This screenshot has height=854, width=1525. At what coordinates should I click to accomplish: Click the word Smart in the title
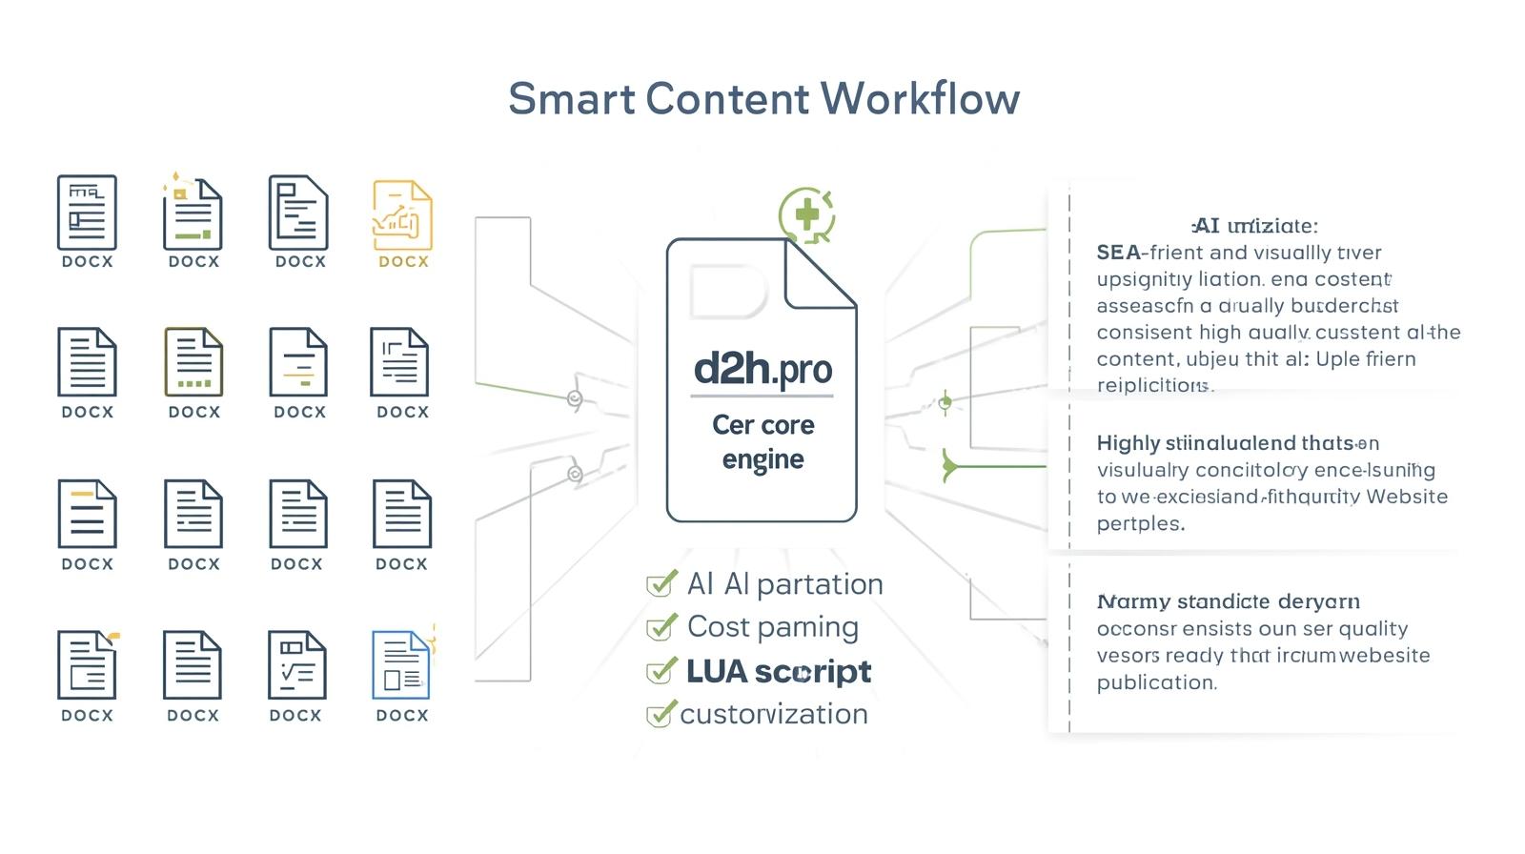[x=570, y=99]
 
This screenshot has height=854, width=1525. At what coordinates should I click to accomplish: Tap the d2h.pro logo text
[x=762, y=369]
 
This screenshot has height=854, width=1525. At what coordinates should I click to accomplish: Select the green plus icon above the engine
[x=806, y=214]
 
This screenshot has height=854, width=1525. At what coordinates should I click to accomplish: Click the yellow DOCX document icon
[x=402, y=216]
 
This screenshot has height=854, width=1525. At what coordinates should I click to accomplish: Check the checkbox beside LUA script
[x=660, y=672]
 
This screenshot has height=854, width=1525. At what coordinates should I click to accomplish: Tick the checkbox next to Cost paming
[x=660, y=628]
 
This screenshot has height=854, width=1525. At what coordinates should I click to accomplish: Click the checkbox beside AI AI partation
[x=660, y=584]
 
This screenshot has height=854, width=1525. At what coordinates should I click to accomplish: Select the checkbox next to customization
[x=660, y=715]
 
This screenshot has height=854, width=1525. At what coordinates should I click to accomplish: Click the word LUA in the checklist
[x=716, y=672]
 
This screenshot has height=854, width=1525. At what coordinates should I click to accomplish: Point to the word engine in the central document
[x=762, y=459]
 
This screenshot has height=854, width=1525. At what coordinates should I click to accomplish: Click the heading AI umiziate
[x=1255, y=226]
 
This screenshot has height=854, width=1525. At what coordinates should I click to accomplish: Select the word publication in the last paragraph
[x=1156, y=682]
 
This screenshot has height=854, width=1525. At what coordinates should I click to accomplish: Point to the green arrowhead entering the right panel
[x=949, y=466]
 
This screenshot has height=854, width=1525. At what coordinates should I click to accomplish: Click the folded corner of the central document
[x=818, y=276]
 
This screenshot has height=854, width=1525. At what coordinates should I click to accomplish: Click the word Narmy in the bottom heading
[x=1132, y=602]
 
